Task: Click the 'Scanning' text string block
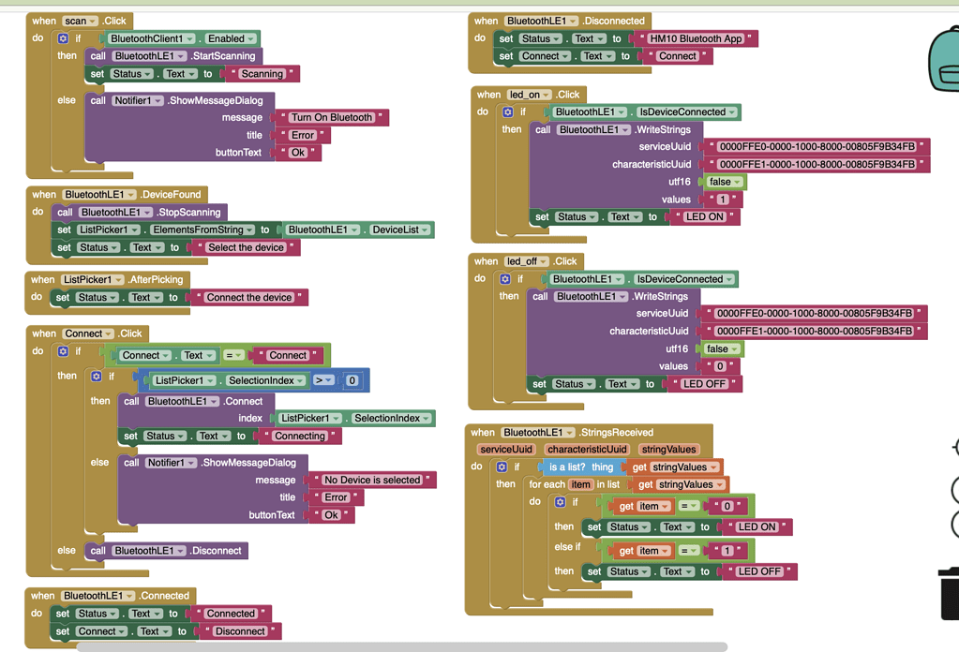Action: pyautogui.click(x=262, y=74)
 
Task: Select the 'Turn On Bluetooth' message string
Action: pyautogui.click(x=332, y=117)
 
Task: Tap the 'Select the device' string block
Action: pyautogui.click(x=246, y=247)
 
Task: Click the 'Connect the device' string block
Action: pyautogui.click(x=249, y=298)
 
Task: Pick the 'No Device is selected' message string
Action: pyautogui.click(x=372, y=481)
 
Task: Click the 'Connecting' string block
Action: pyautogui.click(x=300, y=437)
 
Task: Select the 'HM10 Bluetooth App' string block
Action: pyautogui.click(x=696, y=38)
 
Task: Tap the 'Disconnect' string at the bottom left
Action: pyautogui.click(x=240, y=631)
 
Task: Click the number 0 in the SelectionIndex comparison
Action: pyautogui.click(x=352, y=380)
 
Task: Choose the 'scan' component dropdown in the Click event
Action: pyautogui.click(x=80, y=21)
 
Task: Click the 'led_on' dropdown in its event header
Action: pyautogui.click(x=529, y=95)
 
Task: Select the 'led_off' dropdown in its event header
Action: pyautogui.click(x=527, y=261)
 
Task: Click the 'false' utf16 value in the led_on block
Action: pyautogui.click(x=725, y=182)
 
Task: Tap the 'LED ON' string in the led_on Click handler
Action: pyautogui.click(x=705, y=217)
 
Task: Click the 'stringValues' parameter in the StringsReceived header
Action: pyautogui.click(x=668, y=450)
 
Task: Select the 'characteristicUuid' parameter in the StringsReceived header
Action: pyautogui.click(x=587, y=450)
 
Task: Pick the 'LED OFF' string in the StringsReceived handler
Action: pyautogui.click(x=759, y=572)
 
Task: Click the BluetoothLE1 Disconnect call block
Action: pyautogui.click(x=166, y=551)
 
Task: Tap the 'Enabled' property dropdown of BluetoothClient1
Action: pyautogui.click(x=231, y=38)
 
